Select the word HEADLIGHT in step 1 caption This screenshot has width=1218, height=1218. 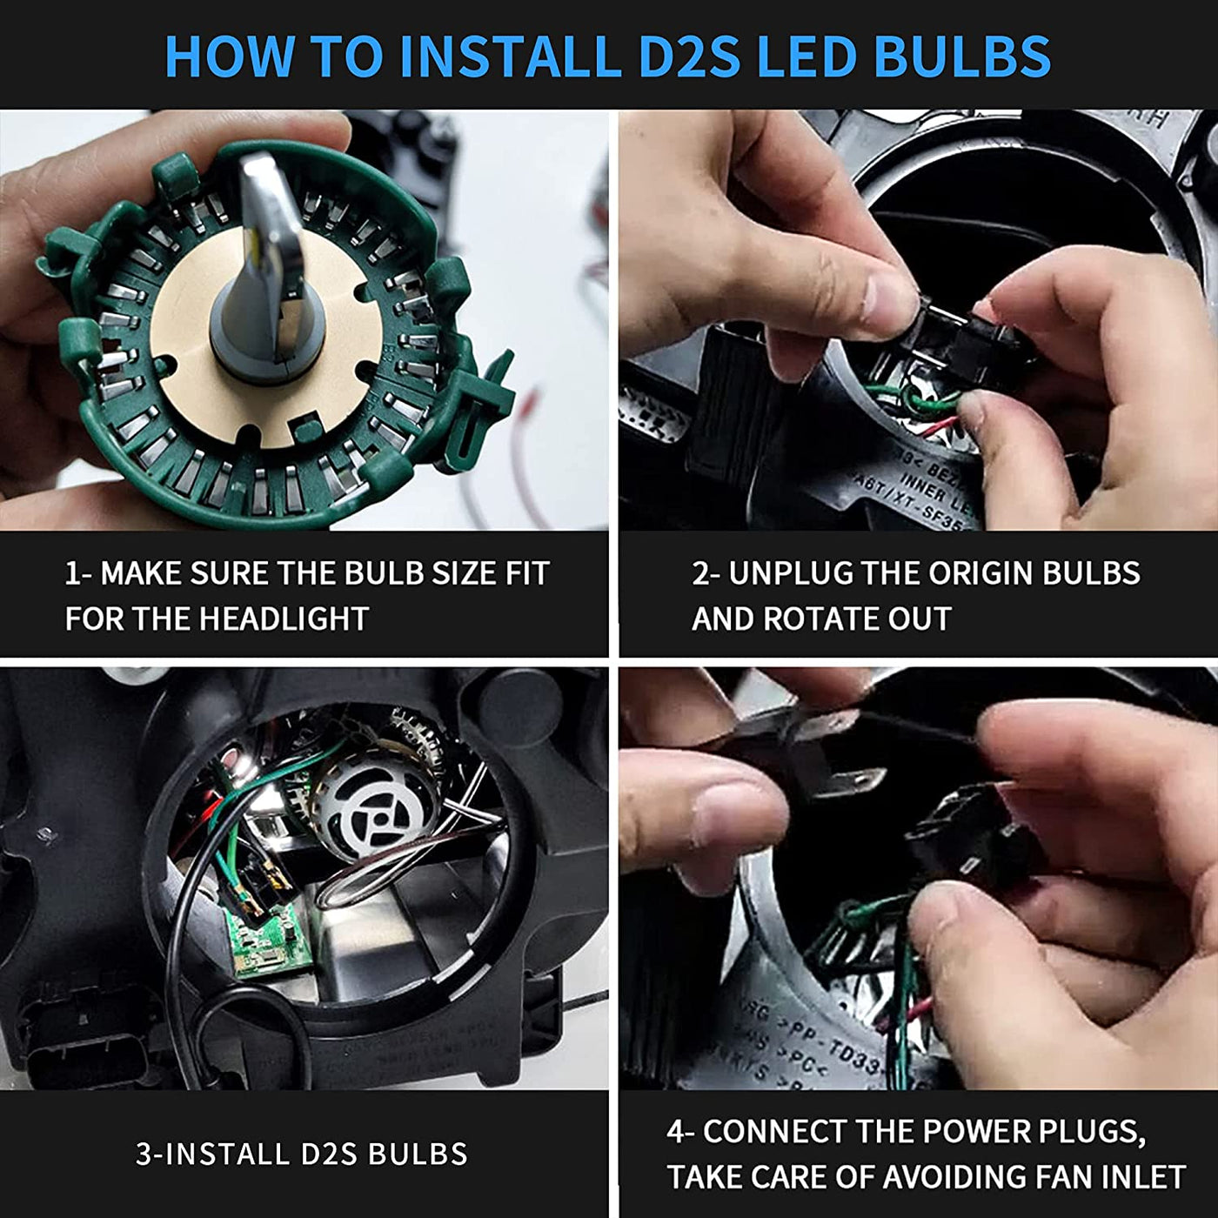click(284, 619)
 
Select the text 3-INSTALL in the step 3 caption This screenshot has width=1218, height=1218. click(214, 1154)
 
